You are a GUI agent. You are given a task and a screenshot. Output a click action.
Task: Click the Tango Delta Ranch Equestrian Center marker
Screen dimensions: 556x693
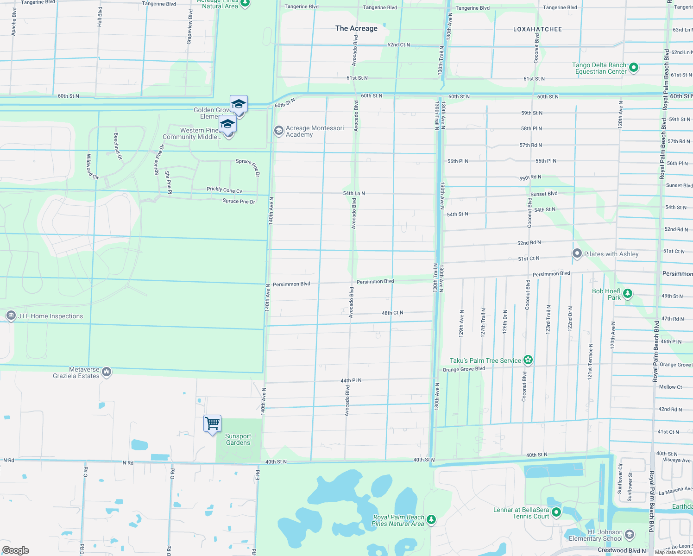click(634, 68)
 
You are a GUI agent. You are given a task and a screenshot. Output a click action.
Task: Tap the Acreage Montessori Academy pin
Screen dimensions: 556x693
click(278, 131)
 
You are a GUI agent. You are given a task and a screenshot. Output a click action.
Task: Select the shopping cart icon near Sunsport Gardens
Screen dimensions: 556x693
click(212, 423)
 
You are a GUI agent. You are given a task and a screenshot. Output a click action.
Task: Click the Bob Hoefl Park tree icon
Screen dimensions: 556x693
click(628, 294)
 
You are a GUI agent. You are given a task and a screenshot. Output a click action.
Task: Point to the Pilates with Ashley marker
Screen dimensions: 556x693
click(577, 253)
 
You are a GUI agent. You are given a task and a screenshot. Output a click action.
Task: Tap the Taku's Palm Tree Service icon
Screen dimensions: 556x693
click(528, 360)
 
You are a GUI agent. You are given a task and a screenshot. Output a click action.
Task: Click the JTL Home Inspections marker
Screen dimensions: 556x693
click(11, 316)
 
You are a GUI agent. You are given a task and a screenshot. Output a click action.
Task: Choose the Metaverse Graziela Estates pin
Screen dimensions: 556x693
click(107, 372)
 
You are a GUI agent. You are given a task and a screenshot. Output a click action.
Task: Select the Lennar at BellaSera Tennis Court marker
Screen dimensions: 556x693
click(556, 512)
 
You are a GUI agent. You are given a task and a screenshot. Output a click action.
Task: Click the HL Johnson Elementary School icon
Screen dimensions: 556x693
click(630, 535)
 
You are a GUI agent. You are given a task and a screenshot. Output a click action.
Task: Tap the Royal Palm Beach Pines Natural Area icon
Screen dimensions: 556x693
click(431, 520)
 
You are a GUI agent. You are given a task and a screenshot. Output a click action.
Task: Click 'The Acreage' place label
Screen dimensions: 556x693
click(356, 28)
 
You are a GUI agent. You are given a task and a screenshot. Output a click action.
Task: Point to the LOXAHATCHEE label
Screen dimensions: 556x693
click(537, 29)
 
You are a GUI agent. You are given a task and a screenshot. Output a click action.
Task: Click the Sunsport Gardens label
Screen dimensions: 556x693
click(238, 439)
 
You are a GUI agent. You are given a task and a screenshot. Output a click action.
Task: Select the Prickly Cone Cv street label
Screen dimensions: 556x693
click(224, 190)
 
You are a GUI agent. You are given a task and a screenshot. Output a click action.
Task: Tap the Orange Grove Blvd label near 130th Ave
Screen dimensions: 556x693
click(464, 369)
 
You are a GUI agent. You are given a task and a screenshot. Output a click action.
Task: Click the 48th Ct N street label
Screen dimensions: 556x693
click(392, 313)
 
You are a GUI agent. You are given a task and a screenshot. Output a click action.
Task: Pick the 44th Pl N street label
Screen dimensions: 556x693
click(351, 380)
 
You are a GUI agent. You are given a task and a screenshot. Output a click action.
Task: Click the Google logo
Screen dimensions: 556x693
click(16, 550)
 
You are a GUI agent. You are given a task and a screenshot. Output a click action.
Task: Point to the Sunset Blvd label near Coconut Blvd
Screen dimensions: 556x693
click(544, 194)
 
